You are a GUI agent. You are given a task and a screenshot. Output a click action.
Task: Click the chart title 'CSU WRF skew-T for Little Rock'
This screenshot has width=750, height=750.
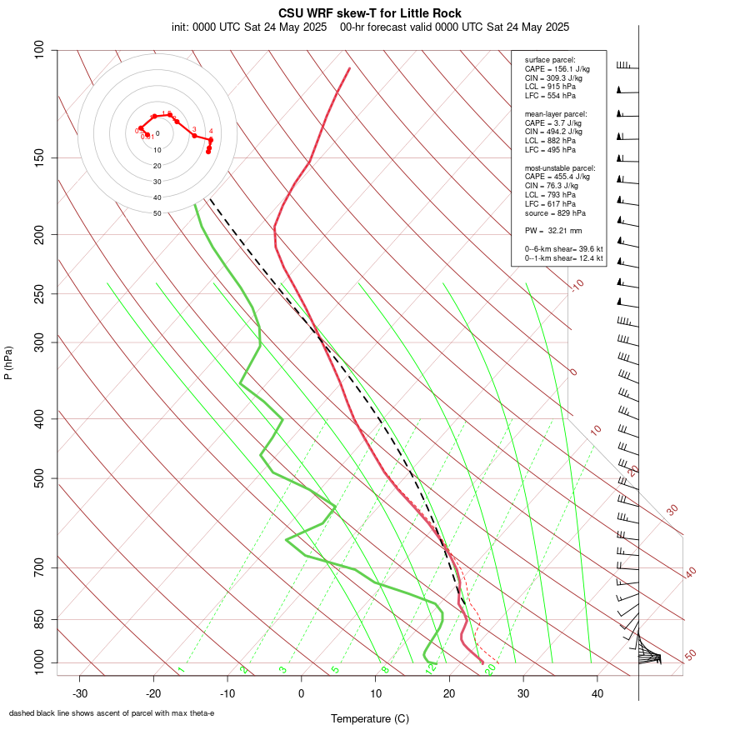(x=370, y=13)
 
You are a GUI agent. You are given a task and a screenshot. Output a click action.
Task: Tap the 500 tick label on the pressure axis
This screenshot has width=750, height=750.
(x=39, y=478)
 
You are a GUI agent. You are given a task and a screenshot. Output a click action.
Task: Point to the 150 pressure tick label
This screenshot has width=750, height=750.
(x=39, y=157)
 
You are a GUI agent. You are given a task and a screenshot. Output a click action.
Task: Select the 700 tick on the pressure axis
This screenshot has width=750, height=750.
(x=39, y=567)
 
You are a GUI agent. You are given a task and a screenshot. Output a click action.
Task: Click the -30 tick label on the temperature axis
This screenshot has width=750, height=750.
(x=80, y=693)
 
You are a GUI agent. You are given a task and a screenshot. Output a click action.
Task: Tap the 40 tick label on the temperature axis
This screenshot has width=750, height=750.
(x=597, y=693)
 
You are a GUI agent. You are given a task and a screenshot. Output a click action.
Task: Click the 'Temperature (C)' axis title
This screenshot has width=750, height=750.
(x=370, y=718)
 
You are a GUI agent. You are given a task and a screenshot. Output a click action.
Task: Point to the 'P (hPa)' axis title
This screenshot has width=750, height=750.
(x=8, y=362)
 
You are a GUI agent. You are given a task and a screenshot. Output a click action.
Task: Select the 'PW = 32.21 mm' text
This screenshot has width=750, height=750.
(x=553, y=230)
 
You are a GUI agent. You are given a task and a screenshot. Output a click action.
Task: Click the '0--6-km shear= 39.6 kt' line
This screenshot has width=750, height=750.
(x=562, y=248)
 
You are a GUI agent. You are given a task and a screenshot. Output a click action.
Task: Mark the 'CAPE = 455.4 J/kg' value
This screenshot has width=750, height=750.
(x=557, y=177)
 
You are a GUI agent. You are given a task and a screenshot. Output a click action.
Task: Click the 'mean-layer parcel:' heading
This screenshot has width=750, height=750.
(x=556, y=113)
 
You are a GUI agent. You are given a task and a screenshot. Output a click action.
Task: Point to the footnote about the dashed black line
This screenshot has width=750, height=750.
(x=112, y=713)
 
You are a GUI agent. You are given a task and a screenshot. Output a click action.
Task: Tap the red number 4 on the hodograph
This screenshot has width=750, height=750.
(x=212, y=131)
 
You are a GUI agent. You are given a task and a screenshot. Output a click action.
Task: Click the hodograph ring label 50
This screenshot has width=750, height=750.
(x=157, y=213)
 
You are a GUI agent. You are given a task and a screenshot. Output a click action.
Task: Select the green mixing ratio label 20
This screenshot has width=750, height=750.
(x=491, y=668)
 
